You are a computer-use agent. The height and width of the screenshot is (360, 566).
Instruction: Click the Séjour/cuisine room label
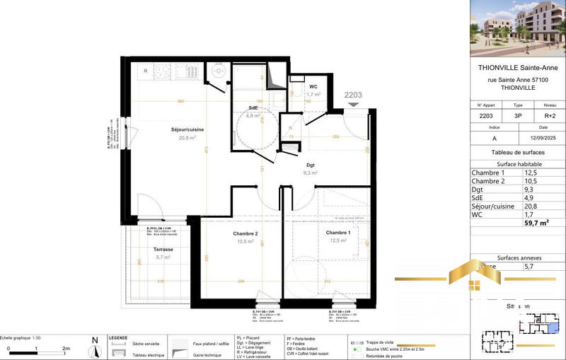point(169,130)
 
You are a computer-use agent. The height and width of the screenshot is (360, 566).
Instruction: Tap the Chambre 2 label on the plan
point(246,234)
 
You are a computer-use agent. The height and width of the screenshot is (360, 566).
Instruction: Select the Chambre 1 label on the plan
point(337,233)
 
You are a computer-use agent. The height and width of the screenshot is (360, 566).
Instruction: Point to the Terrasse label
point(163,250)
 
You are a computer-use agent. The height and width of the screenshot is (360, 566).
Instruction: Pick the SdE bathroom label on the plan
point(253,108)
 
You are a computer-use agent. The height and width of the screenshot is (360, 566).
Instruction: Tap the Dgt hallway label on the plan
point(311,165)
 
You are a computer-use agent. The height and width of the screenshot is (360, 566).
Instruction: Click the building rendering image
point(518,28)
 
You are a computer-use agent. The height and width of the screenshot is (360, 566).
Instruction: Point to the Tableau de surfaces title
point(518,153)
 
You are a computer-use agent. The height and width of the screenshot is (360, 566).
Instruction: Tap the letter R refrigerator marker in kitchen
point(146,71)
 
